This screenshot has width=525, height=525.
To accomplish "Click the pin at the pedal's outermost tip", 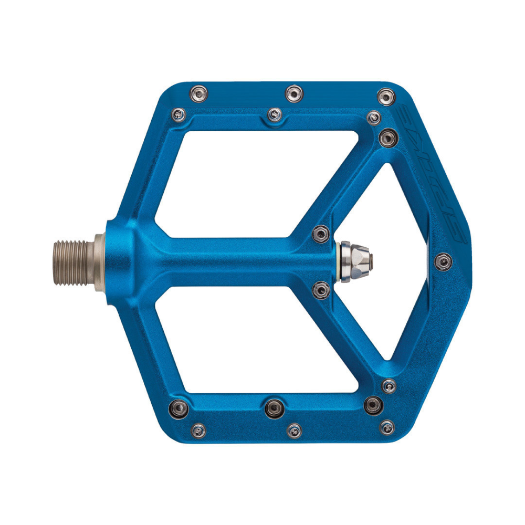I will (444, 260).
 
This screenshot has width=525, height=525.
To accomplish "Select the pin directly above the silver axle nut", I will (320, 233).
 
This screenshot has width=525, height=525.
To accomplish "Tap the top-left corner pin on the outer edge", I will (198, 93).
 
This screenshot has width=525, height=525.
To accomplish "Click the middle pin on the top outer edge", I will (293, 93).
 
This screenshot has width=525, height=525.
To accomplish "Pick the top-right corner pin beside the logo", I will (386, 97).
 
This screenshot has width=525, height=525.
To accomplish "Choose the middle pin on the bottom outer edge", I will (295, 429).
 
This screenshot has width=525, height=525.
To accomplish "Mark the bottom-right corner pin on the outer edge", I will (387, 426).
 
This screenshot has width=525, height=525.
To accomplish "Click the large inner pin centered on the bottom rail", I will (274, 406).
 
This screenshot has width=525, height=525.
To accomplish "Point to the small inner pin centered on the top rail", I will (274, 114).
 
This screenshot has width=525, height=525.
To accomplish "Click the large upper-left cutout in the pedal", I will (247, 178).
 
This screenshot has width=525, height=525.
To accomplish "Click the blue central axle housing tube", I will (236, 260).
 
